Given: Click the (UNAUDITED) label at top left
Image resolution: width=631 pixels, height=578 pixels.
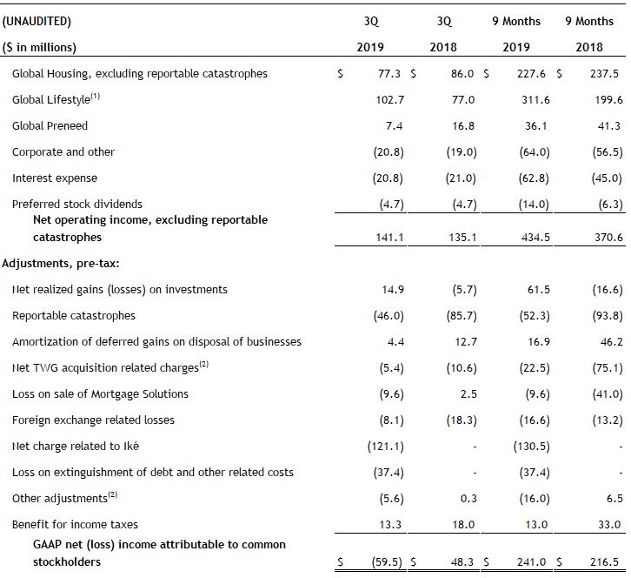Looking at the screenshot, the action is (x=37, y=21).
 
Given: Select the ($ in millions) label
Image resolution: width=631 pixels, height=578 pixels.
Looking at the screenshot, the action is (x=39, y=47).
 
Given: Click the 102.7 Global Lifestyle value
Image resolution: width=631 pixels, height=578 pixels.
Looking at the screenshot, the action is (x=389, y=99).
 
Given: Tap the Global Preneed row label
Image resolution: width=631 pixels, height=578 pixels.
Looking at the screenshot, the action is (x=50, y=125).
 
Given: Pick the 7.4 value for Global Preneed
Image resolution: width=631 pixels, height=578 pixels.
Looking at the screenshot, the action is (x=394, y=125).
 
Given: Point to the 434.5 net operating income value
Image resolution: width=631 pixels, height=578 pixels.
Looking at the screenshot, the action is (x=535, y=237).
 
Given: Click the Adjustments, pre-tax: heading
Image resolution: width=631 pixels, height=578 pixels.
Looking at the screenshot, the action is (x=60, y=263).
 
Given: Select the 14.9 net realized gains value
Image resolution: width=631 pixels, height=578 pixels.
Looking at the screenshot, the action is (x=392, y=289).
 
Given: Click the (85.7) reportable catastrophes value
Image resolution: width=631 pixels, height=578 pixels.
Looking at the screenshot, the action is (x=462, y=316).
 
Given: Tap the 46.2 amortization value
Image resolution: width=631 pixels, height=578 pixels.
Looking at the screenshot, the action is (x=611, y=342).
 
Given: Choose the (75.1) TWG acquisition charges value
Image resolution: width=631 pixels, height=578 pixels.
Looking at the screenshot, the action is (x=608, y=368).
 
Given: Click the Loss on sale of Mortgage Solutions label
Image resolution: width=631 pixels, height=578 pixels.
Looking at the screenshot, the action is (x=100, y=393).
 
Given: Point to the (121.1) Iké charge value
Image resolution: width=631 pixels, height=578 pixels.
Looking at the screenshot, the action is (x=386, y=447).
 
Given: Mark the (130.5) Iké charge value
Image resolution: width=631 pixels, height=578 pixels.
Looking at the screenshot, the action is (x=531, y=447).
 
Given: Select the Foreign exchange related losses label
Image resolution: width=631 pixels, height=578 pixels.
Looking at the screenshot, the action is (x=93, y=420).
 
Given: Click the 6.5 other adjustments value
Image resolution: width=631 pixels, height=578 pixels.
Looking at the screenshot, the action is (x=614, y=499).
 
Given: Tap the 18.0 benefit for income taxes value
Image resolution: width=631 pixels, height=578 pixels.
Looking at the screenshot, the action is (x=462, y=524).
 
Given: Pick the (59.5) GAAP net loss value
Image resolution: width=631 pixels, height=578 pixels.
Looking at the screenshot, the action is (x=387, y=561).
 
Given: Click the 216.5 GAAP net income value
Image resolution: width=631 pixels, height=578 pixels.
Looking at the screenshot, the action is (x=604, y=561).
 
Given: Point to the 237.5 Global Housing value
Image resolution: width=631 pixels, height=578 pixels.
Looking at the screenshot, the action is (x=604, y=73).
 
